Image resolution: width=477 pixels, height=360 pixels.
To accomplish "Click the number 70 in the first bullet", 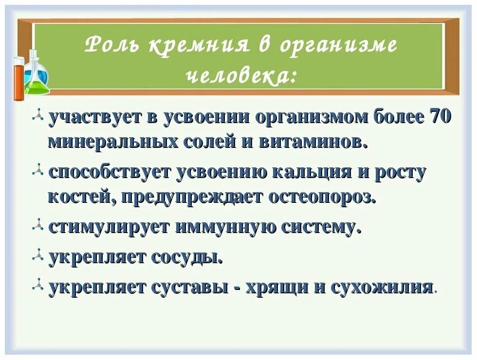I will pos(440,118).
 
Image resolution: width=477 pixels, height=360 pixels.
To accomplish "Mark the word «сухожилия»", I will pos(382,287).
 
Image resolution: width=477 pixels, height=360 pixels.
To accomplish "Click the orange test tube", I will pos(19,78).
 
